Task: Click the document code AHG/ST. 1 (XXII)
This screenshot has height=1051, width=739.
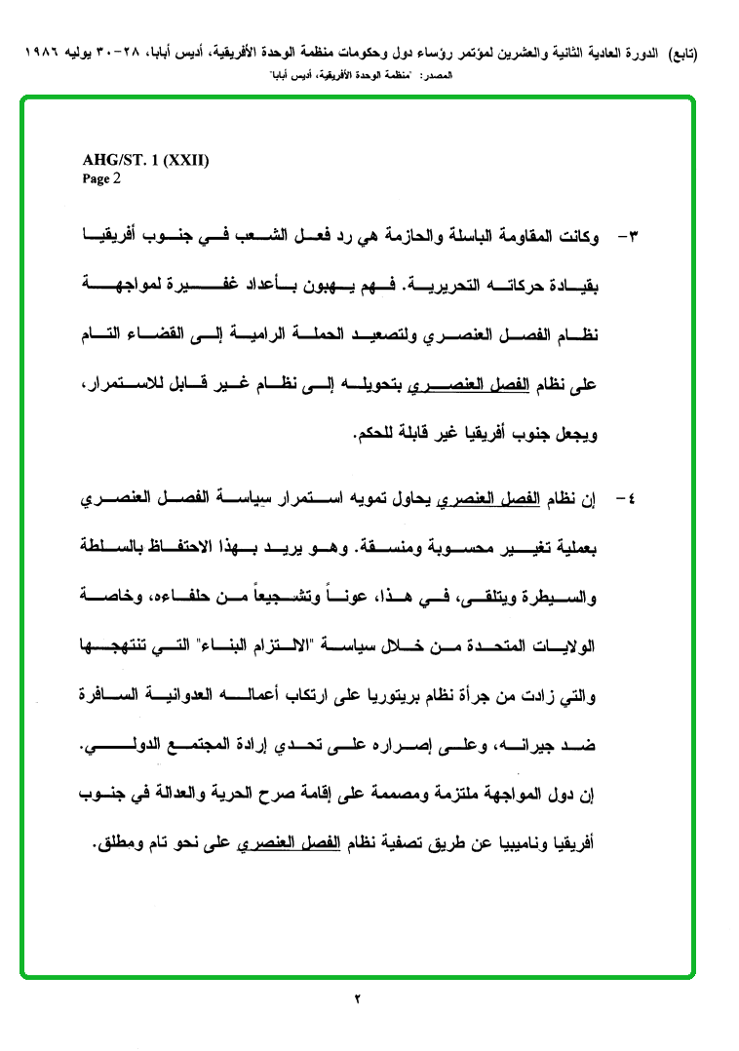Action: coord(145,162)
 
